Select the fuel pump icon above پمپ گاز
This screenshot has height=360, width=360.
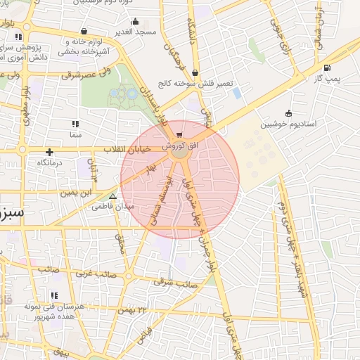point(327,68)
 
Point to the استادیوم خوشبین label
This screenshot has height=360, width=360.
point(289,124)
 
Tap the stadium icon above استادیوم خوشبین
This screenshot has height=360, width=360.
point(288,113)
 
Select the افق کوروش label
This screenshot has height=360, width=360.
point(180,146)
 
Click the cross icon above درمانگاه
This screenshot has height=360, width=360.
point(49,151)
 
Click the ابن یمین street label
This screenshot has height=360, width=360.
point(77,191)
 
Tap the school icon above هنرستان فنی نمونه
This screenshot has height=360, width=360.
point(53,295)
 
